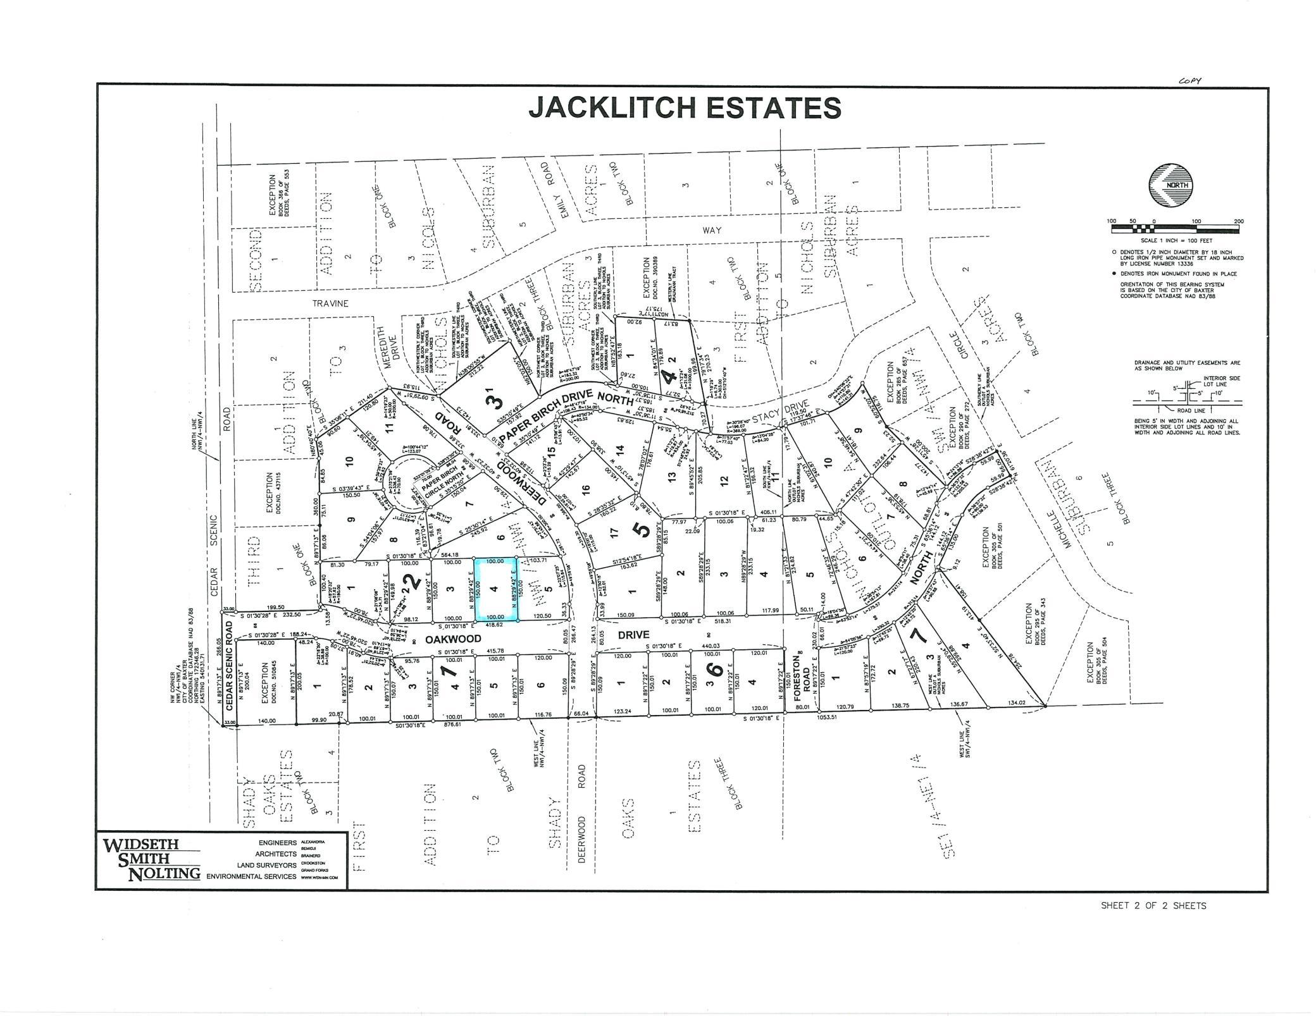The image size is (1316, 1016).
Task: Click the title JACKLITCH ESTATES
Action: [685, 108]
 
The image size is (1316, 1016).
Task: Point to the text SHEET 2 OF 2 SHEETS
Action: [1153, 905]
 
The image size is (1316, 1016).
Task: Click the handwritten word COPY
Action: [1189, 81]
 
